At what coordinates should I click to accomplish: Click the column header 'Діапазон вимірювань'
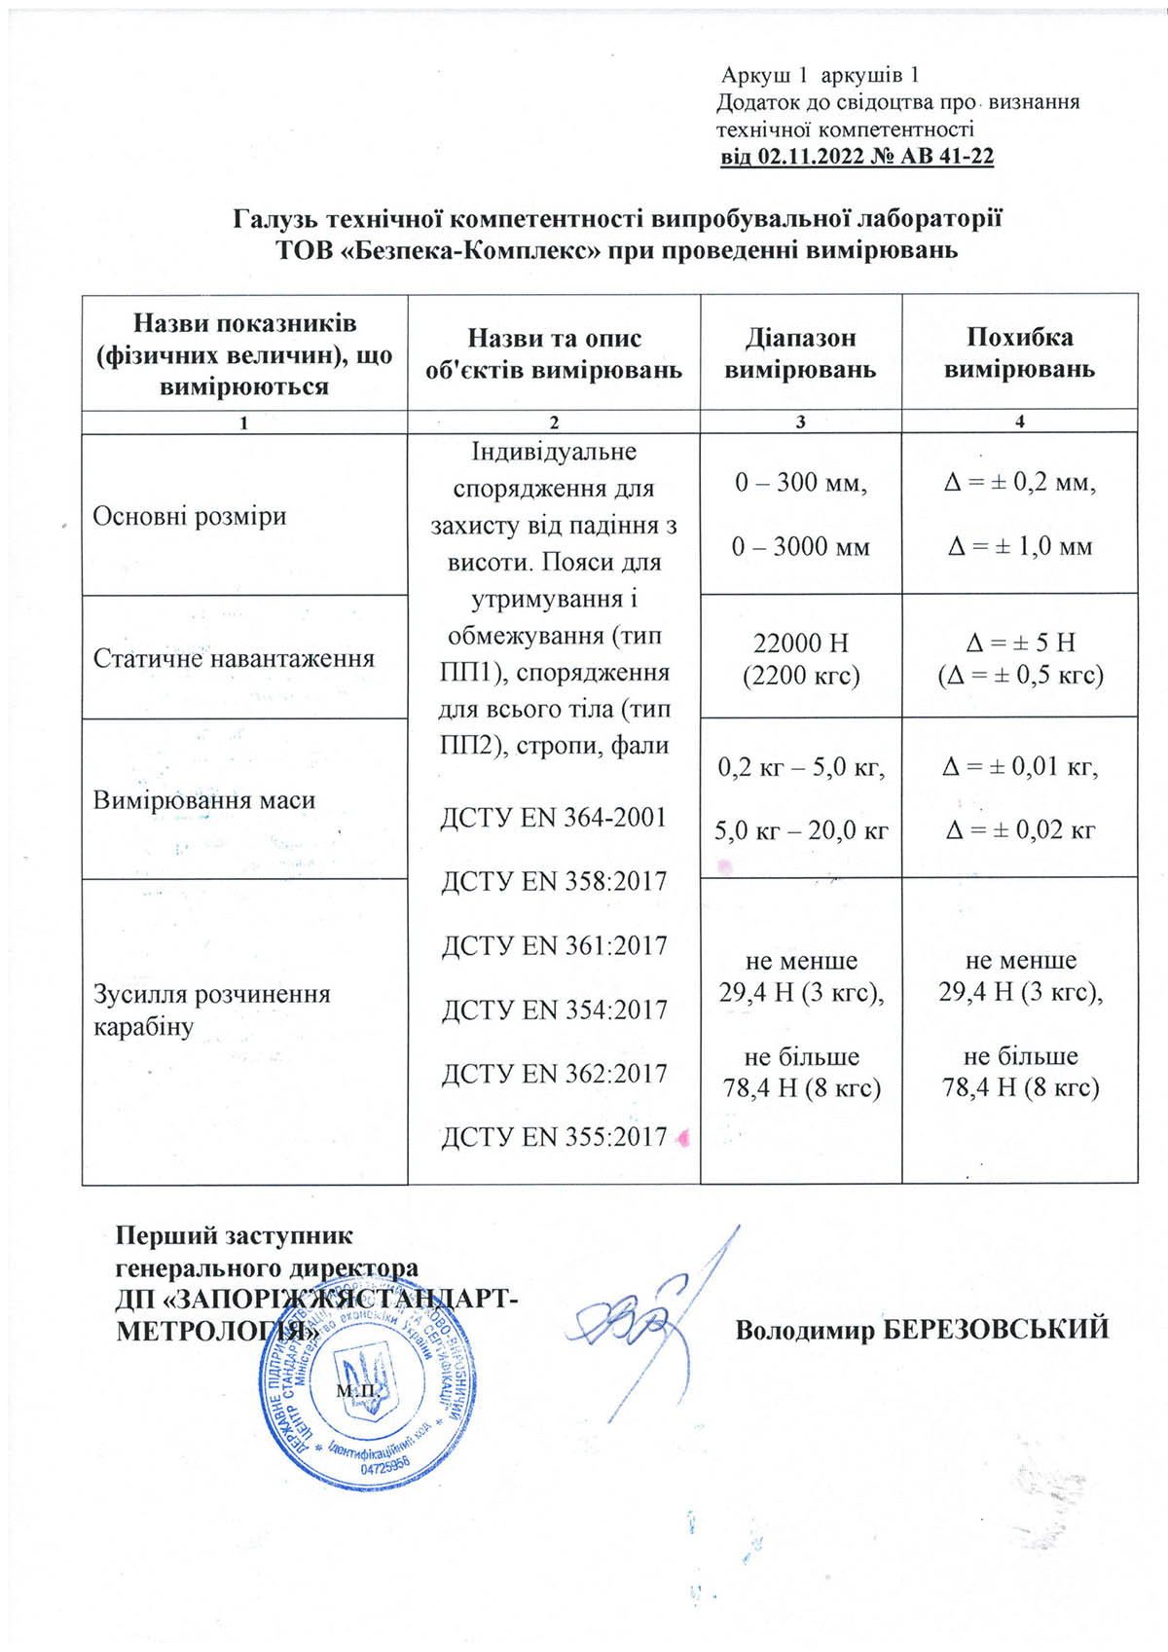(x=800, y=352)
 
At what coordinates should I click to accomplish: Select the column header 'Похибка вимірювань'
(x=1019, y=352)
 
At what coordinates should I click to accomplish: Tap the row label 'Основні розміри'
(x=189, y=515)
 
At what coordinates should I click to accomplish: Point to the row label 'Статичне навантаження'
(x=234, y=658)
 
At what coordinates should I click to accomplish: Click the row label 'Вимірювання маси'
(x=203, y=800)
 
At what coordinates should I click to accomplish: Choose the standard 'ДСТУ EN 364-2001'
(x=553, y=817)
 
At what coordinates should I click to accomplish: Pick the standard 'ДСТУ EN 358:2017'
(x=554, y=881)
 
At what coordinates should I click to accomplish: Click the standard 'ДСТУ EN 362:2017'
(x=554, y=1073)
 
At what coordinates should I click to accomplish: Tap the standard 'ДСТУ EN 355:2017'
(x=554, y=1136)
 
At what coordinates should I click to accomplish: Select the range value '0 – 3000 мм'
(x=800, y=546)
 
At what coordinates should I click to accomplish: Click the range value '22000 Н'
(x=800, y=642)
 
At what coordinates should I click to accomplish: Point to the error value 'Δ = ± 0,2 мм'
(x=1019, y=482)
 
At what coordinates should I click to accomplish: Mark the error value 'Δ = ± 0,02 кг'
(x=1019, y=829)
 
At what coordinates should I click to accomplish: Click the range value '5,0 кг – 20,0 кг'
(x=800, y=830)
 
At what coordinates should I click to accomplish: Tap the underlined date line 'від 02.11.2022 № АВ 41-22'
(x=857, y=157)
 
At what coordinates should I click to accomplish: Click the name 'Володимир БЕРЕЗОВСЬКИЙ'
(x=922, y=1329)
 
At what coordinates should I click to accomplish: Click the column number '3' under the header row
(x=800, y=422)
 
